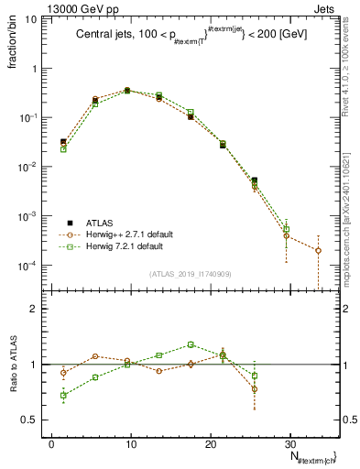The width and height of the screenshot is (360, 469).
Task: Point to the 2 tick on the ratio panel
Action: pos(38,309)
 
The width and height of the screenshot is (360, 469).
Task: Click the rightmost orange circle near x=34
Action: pos(318,250)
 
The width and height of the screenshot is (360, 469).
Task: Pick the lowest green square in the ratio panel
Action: pos(63,396)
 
